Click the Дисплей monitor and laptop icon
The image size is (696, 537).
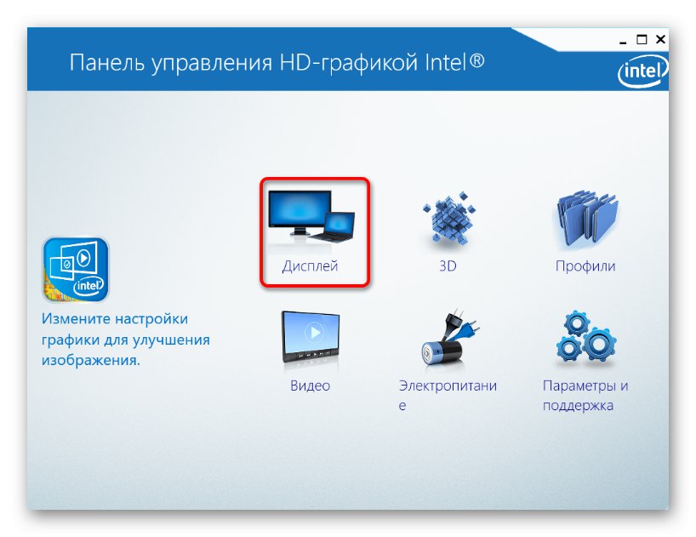coord(311,216)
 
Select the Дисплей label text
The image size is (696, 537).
coord(310,266)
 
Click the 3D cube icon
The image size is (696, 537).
coord(448,218)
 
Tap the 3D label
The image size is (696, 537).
coord(448,266)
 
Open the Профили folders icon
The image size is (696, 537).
coord(586,220)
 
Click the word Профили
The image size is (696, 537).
coord(585,266)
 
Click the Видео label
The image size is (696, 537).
coord(310,386)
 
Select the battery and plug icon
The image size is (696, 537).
coord(448,339)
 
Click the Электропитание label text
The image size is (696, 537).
coord(448,395)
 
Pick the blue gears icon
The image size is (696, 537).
coord(586,337)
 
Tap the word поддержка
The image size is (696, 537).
coord(578,405)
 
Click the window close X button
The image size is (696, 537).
coord(660,39)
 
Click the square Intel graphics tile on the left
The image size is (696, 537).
coord(76,270)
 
